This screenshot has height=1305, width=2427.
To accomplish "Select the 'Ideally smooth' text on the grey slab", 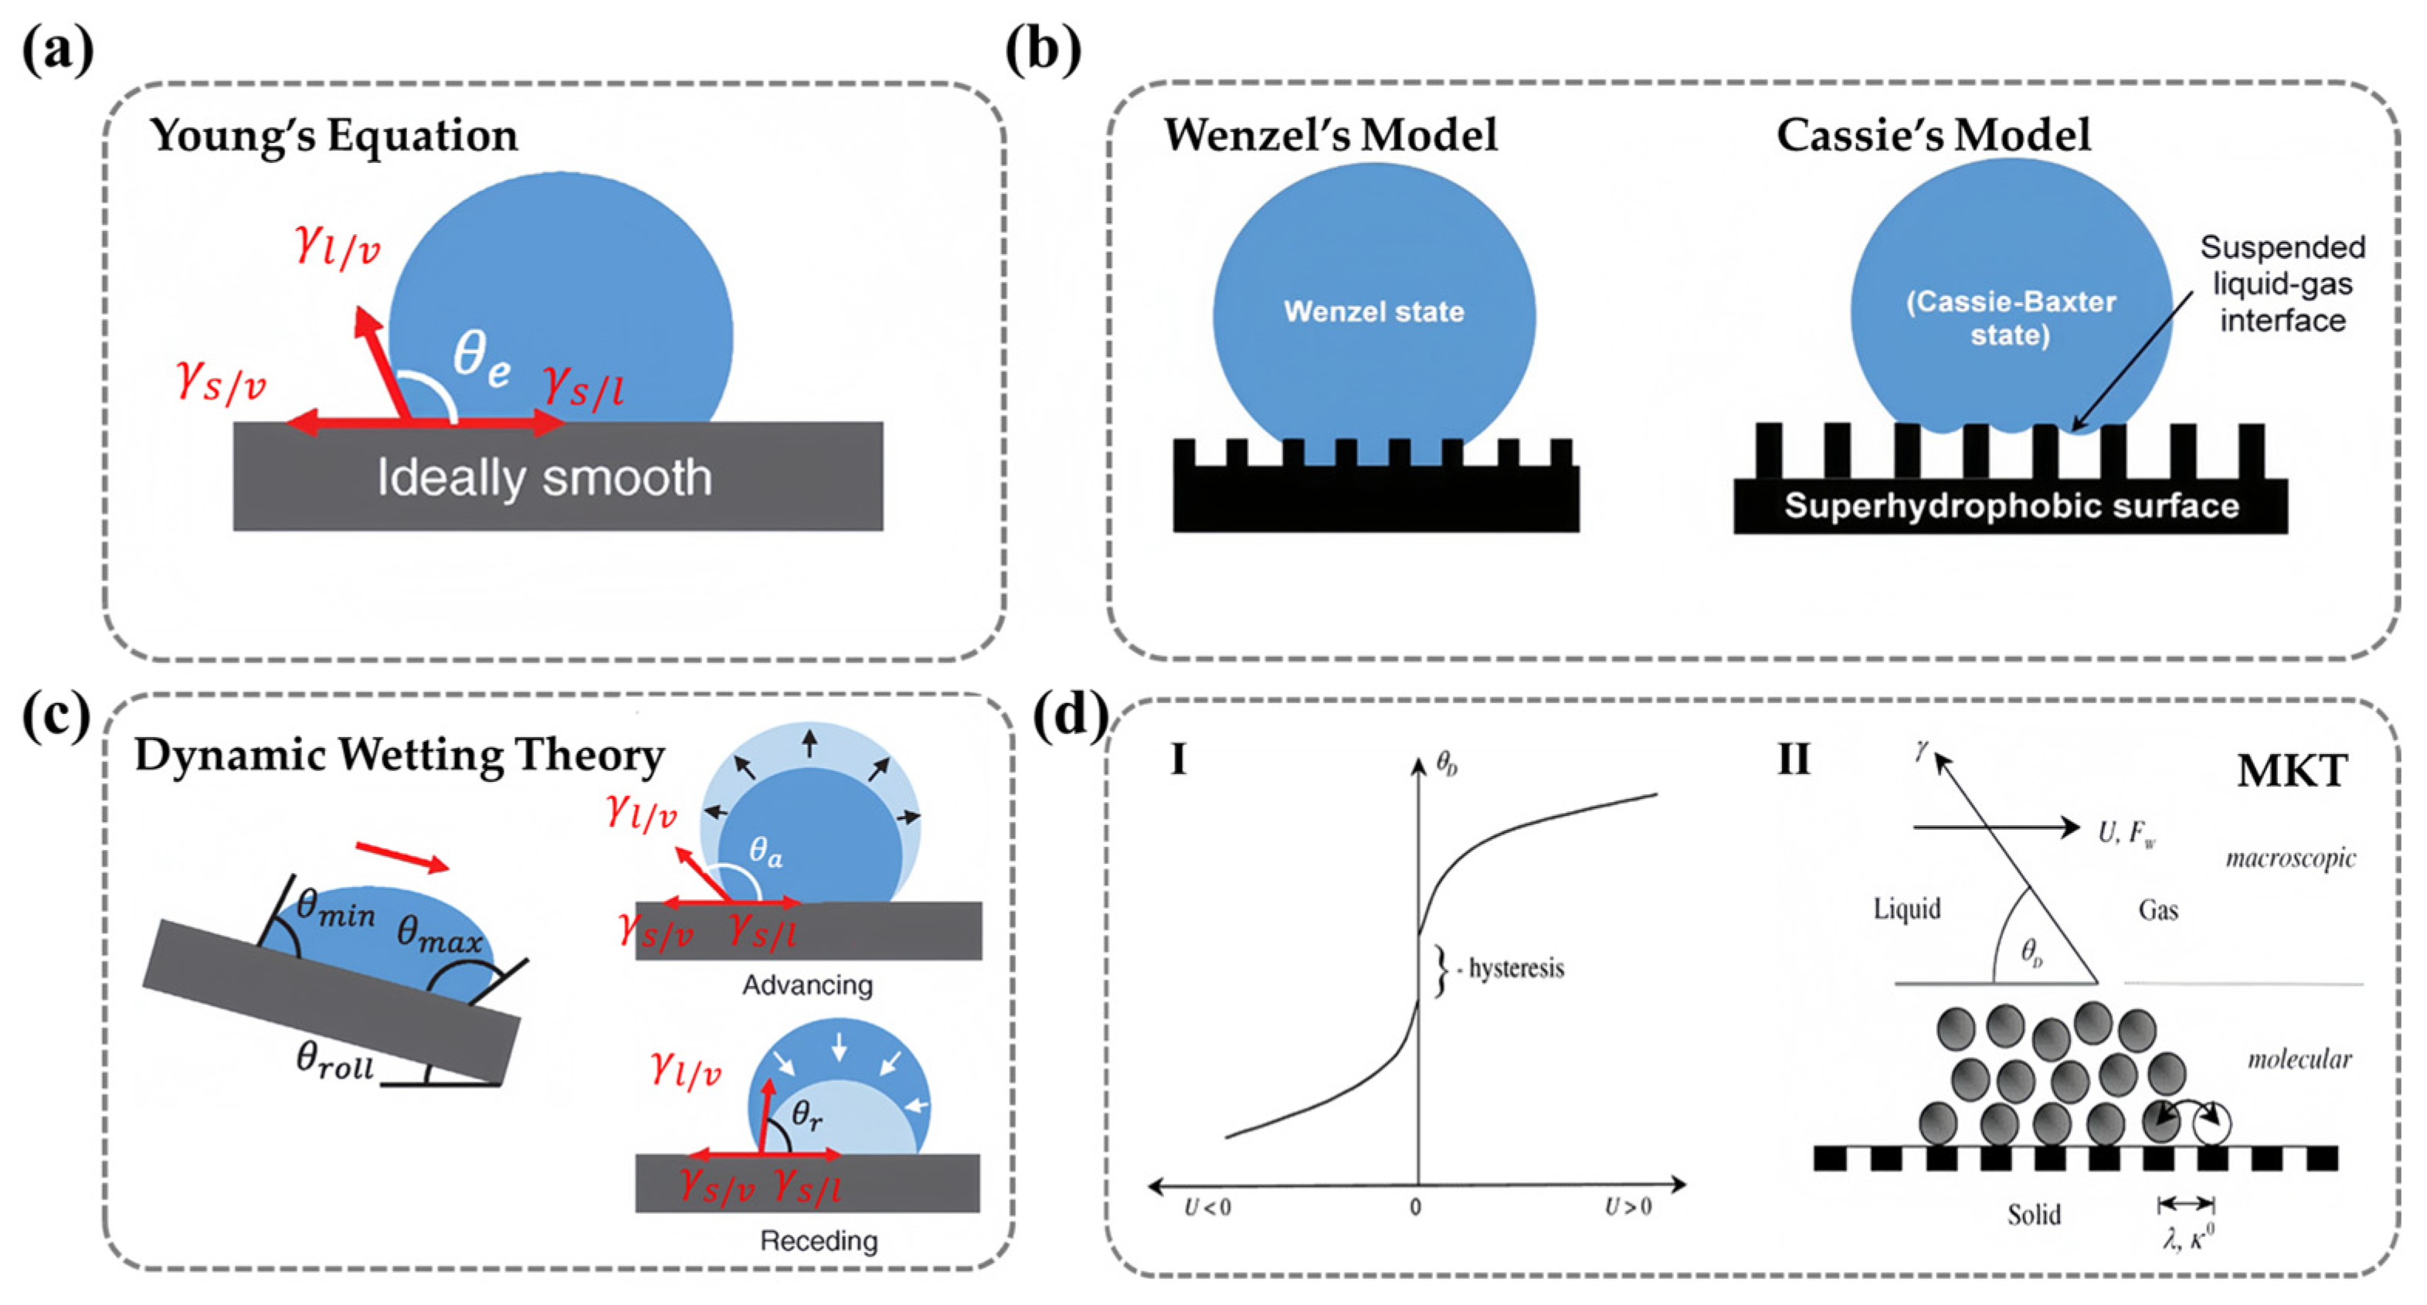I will click(x=545, y=477).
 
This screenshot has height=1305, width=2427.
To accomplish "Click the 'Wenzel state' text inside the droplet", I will click(x=1373, y=312).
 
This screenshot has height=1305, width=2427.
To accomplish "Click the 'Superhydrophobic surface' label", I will click(x=2011, y=507).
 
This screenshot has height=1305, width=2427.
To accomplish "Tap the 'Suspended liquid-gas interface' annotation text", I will click(x=2282, y=284).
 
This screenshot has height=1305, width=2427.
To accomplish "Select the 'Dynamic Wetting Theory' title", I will click(x=399, y=756).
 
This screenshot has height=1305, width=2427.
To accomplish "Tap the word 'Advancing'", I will click(x=807, y=986).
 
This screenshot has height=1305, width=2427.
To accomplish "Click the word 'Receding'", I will click(x=819, y=1241).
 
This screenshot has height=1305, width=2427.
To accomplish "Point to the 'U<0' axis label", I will click(x=1207, y=1207).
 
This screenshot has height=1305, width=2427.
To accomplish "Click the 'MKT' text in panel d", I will click(x=2291, y=772).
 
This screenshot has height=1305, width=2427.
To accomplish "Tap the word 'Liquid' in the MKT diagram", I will click(x=1907, y=909).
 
